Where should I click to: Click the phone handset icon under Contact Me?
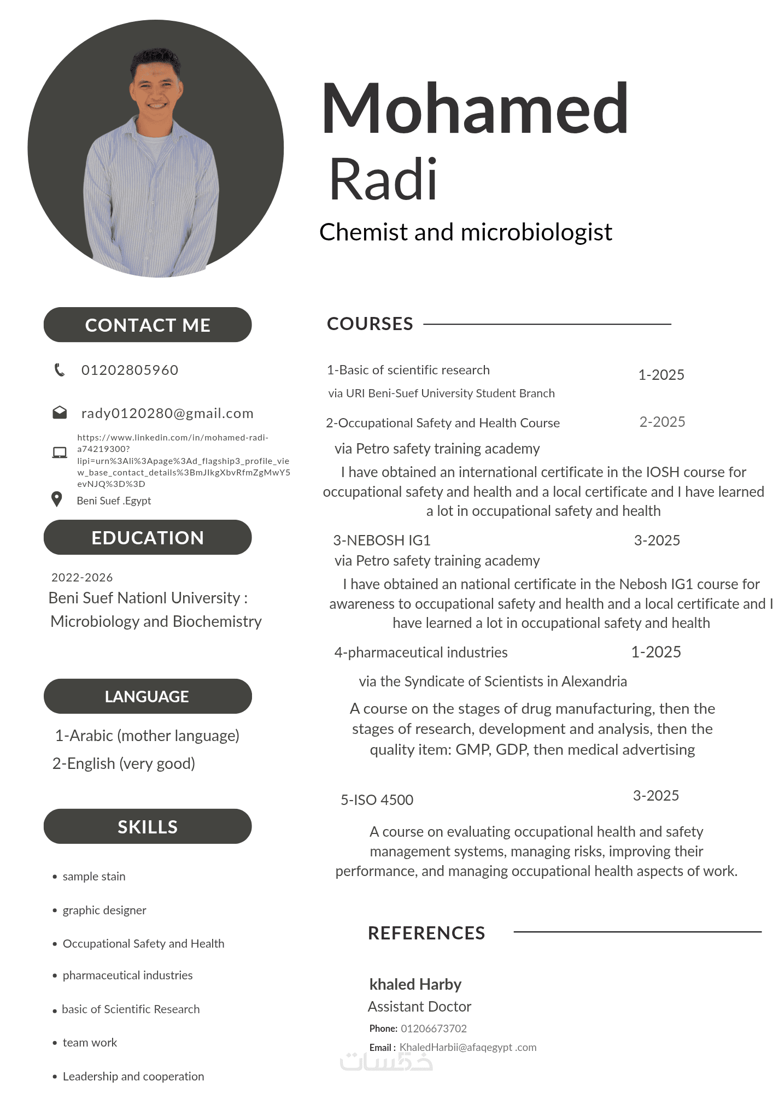coord(60,370)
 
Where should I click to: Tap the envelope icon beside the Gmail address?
coord(60,413)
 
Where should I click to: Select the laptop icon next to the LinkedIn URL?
coord(60,453)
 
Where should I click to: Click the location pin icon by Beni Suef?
coord(56,499)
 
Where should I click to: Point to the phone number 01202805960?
coord(130,370)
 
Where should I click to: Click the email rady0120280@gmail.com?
coord(167,413)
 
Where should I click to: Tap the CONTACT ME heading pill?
coord(148,325)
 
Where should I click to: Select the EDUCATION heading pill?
coord(148,537)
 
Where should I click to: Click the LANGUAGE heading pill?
coord(148,696)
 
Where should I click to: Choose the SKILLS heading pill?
coord(148,826)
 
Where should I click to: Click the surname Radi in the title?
coord(383,179)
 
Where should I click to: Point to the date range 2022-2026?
coord(82,577)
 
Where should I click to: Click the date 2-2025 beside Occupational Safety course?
coord(662,422)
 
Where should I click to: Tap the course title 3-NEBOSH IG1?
coord(382,540)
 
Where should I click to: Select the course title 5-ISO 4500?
coord(377,800)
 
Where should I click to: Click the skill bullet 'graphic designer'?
coord(104,910)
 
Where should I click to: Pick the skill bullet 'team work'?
coord(90,1042)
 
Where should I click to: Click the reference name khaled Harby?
coord(415,984)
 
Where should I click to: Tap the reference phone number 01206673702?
coord(434,1029)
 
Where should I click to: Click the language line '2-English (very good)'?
coord(124,763)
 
